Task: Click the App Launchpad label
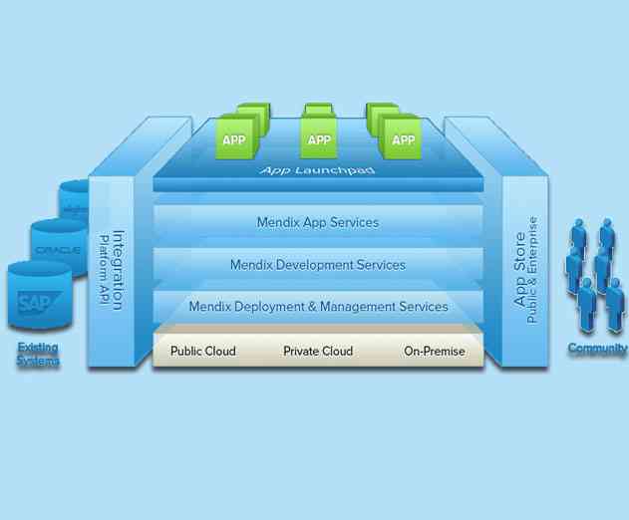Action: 318,170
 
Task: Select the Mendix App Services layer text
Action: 318,222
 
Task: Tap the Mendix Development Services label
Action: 318,265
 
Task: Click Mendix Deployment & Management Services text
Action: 318,307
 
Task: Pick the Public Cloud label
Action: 202,351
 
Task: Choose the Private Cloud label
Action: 318,351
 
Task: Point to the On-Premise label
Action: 435,351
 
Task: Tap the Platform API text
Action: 103,270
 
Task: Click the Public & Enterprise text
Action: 533,270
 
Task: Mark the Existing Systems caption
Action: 38,354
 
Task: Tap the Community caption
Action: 597,349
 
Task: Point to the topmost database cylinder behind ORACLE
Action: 75,204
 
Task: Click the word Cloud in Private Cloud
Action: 337,351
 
